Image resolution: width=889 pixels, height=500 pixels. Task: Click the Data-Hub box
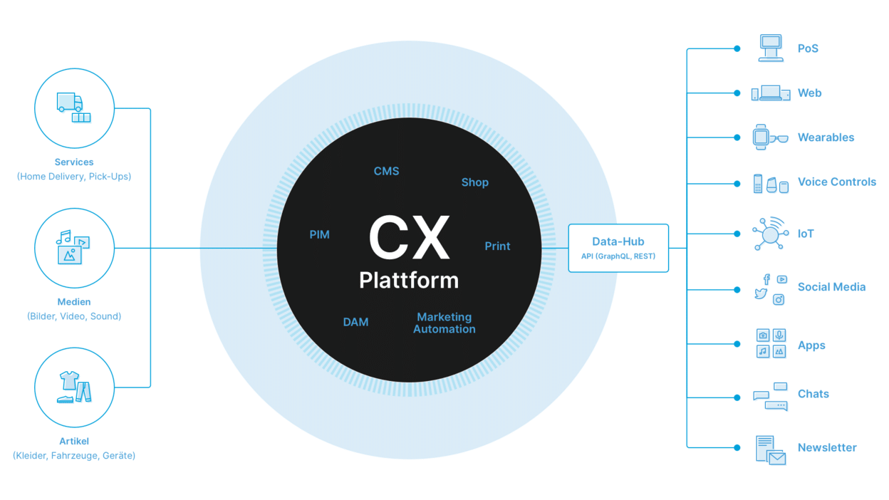618,248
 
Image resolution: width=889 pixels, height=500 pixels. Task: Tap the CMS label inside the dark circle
386,171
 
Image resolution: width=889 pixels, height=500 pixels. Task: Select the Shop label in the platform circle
474,182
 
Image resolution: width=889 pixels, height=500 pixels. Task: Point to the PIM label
319,234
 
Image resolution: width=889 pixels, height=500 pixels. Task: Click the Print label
497,246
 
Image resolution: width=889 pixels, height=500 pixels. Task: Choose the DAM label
355,322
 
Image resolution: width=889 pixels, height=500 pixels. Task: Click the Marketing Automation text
444,323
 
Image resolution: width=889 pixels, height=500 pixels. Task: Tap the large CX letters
409,238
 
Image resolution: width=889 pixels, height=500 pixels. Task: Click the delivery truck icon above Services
70,103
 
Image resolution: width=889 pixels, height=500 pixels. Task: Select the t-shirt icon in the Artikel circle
69,380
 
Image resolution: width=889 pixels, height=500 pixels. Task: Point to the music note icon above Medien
63,237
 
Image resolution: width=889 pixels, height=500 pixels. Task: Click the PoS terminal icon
771,48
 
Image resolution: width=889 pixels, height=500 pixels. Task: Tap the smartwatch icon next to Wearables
760,137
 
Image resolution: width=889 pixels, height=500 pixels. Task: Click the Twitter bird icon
760,294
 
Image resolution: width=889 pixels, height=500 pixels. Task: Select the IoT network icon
770,234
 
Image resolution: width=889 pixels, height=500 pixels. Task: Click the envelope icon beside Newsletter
776,458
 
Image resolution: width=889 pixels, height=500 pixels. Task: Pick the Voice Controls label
837,182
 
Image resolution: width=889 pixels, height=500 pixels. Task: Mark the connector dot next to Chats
737,397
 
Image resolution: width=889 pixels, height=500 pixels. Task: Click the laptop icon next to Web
770,93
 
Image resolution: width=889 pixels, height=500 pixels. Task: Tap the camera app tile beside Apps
762,335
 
